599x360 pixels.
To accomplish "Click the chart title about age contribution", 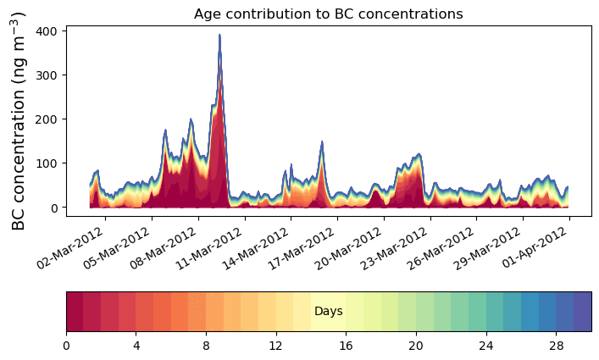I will [x=328, y=14].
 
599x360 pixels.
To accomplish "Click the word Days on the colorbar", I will [x=328, y=312].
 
